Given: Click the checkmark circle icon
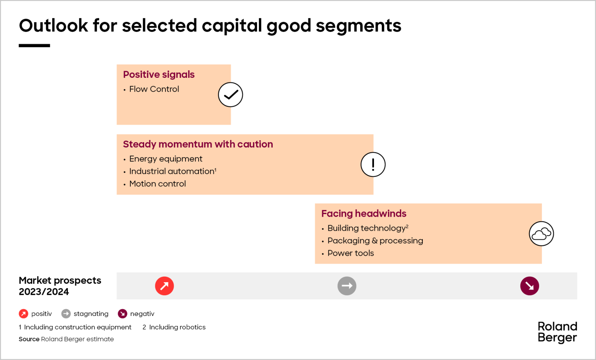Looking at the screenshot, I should (x=230, y=95).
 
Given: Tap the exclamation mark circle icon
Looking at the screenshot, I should (x=373, y=164).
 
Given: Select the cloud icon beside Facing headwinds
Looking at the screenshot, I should (x=541, y=234).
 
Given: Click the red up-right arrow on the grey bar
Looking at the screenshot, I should (x=164, y=286).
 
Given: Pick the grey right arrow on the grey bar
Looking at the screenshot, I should (x=347, y=286).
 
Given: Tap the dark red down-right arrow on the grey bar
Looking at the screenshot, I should (x=529, y=286).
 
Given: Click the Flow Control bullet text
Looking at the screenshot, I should (x=154, y=89).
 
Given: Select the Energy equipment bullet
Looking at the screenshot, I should (x=165, y=159).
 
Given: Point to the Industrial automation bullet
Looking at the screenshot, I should (x=172, y=171).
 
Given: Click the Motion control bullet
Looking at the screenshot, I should (x=157, y=184).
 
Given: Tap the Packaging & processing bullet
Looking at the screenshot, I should (x=375, y=240).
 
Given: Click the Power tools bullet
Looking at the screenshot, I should (x=350, y=253).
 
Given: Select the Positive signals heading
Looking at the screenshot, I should (x=159, y=74).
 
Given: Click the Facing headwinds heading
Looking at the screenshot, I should (x=364, y=213).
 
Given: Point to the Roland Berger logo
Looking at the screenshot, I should (x=557, y=332).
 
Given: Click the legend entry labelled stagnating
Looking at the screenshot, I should (x=91, y=314).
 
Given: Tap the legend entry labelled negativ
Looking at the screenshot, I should (x=142, y=314).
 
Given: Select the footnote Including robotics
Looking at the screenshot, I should (x=177, y=327).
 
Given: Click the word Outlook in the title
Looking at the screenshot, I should (x=54, y=26).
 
